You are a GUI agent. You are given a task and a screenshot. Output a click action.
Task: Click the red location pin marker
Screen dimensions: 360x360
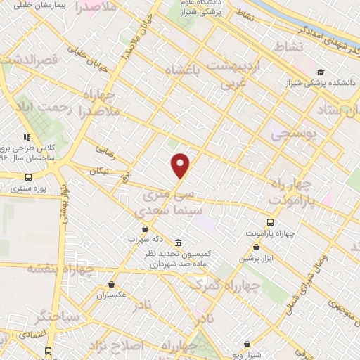coord(181,165)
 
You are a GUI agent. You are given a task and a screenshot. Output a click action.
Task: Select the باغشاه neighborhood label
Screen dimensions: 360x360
coord(182,71)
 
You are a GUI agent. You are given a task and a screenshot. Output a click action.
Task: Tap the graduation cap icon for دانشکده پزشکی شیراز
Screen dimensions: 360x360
coord(321,72)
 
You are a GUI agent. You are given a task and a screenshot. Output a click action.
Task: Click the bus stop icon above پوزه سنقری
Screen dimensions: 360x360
coord(29,177)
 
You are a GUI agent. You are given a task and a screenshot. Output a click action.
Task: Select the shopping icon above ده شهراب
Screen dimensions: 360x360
coord(145,229)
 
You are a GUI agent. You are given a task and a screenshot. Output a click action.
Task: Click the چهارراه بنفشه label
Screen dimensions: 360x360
coord(62,268)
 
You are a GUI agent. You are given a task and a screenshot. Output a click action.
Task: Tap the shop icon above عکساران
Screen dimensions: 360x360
coord(112,284)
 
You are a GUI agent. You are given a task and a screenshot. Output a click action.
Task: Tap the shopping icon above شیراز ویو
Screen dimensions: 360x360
coord(247,345)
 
